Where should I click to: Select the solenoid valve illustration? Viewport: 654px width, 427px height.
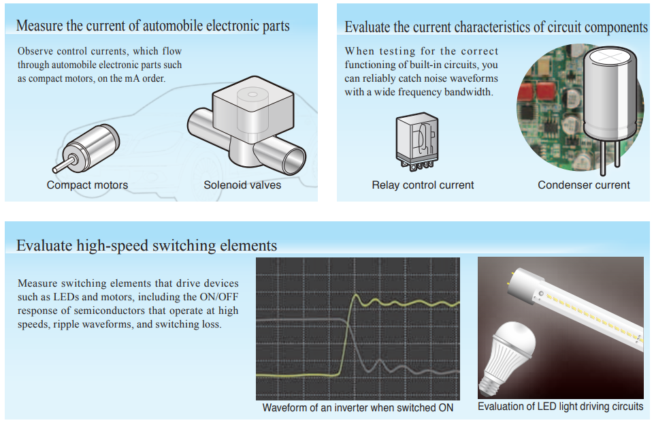(246, 125)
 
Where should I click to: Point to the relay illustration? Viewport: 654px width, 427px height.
(417, 142)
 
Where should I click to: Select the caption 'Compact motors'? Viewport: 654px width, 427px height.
(87, 185)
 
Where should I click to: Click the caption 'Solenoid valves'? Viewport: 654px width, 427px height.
(242, 185)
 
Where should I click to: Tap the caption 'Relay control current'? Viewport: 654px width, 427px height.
(423, 185)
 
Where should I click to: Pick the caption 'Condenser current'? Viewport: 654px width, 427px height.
(583, 185)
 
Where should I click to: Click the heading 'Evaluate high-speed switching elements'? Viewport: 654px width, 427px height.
(146, 245)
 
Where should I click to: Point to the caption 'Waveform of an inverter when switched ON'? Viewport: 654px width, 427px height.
(358, 408)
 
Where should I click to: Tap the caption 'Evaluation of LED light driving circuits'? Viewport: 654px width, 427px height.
(561, 407)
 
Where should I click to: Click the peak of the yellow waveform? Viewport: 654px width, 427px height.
(356, 296)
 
